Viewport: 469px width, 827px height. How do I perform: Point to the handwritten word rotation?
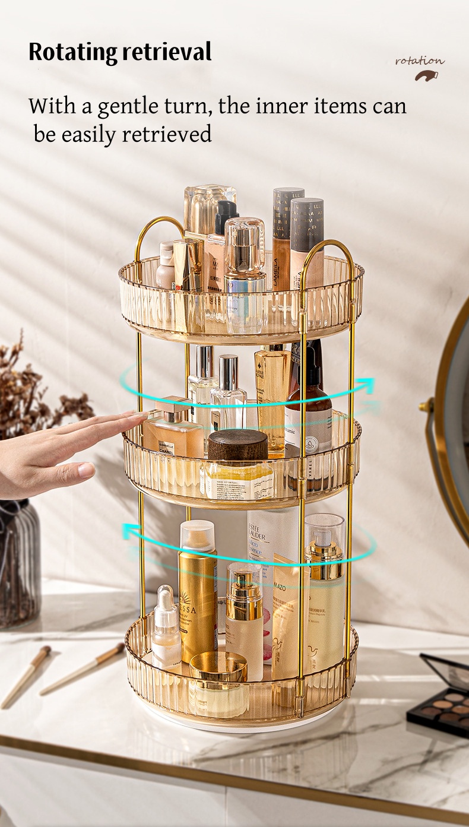[420, 61]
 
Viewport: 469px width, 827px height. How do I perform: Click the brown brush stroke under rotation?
[426, 75]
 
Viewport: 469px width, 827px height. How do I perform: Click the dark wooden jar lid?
[237, 443]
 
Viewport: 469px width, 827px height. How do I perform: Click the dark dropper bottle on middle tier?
[308, 416]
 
